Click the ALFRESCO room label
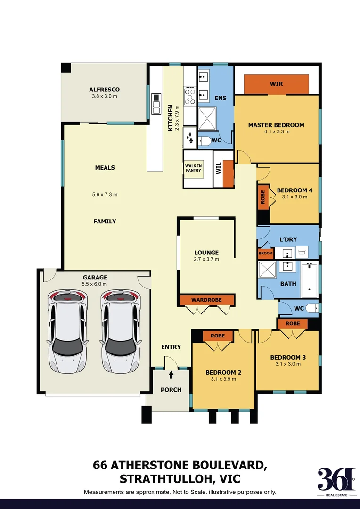tap(105, 90)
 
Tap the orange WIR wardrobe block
tap(277, 84)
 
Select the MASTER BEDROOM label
tap(276, 125)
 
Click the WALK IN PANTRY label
tap(193, 167)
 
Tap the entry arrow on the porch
tap(171, 375)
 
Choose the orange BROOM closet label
tap(265, 254)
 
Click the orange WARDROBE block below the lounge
tap(207, 300)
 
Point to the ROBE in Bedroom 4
tap(263, 197)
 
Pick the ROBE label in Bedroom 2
tap(218, 336)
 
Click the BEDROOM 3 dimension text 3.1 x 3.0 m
tap(288, 364)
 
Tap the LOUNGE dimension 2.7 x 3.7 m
tap(206, 259)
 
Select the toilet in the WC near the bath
tap(312, 309)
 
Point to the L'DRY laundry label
tap(288, 239)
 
